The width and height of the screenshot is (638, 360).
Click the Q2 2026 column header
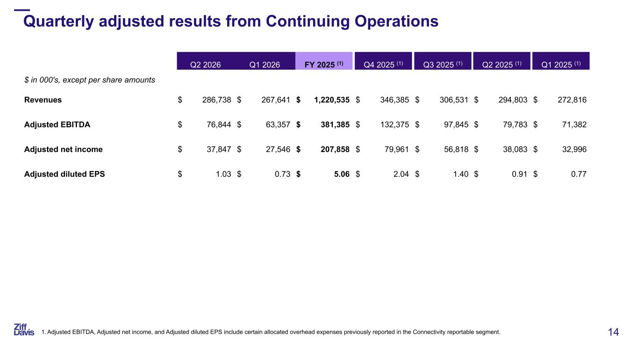(x=205, y=65)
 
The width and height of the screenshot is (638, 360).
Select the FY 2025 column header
(x=324, y=65)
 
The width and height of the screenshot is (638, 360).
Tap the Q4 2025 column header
(x=383, y=65)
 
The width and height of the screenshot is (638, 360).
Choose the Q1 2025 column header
(x=561, y=65)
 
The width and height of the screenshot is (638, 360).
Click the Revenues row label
(x=43, y=100)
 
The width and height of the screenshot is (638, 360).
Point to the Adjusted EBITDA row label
(x=57, y=124)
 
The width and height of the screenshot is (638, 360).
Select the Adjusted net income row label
(x=63, y=149)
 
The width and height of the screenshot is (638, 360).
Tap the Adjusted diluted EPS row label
(x=65, y=174)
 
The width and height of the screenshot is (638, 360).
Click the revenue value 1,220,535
(x=332, y=100)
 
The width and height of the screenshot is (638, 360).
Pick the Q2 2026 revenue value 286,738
(x=216, y=100)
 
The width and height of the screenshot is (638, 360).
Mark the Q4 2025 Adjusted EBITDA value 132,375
(x=394, y=124)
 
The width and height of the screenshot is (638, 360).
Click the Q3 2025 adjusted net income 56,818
(x=456, y=149)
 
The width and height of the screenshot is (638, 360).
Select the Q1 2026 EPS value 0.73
(x=282, y=174)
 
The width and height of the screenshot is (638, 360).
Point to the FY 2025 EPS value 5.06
(x=342, y=174)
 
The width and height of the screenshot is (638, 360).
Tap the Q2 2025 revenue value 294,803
(x=513, y=100)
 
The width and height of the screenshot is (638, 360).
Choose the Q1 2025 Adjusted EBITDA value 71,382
(x=574, y=124)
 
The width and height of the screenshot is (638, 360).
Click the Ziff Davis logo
(x=24, y=330)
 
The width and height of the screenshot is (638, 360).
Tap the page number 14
(x=613, y=332)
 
